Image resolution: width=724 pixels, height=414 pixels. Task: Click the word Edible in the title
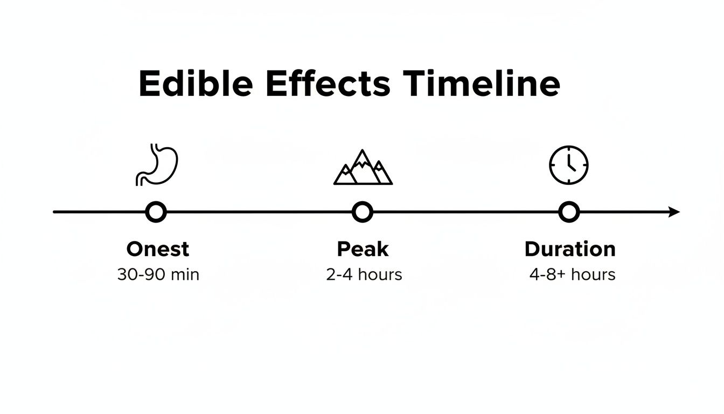click(x=195, y=84)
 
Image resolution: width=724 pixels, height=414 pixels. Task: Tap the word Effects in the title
click(x=327, y=84)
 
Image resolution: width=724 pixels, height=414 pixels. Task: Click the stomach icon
click(x=157, y=164)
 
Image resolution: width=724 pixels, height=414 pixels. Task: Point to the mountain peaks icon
click(x=363, y=168)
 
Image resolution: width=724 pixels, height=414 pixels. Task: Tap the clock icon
click(x=569, y=165)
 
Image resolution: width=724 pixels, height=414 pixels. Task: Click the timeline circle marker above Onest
click(x=156, y=212)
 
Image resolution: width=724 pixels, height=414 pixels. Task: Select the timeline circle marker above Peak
click(x=363, y=212)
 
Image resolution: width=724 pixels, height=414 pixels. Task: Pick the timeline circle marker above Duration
click(x=568, y=212)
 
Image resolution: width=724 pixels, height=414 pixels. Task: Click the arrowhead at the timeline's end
click(x=674, y=212)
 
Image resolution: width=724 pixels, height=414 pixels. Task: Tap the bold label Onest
click(x=158, y=249)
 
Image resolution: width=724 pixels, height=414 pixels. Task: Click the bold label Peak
click(x=363, y=249)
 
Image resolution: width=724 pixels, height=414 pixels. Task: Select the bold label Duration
click(x=570, y=249)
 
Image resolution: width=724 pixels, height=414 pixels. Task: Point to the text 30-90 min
click(x=158, y=274)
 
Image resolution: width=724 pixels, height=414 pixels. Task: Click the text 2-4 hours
click(x=364, y=274)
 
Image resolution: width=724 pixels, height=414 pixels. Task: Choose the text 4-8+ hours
click(x=572, y=274)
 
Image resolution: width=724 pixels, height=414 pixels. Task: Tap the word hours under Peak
click(x=380, y=274)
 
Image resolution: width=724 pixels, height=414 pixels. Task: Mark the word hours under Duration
click(x=593, y=274)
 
